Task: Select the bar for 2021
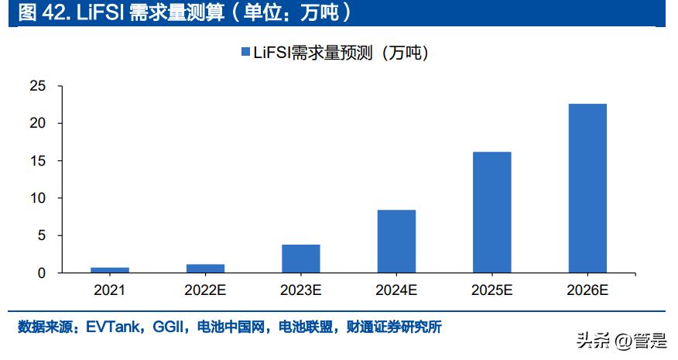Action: (x=110, y=269)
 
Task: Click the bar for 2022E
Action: (x=205, y=268)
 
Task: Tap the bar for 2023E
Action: (x=301, y=259)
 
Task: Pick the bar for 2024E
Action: (x=396, y=241)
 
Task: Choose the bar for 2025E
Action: (x=492, y=212)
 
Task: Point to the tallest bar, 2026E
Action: (x=587, y=188)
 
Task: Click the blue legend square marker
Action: (x=245, y=52)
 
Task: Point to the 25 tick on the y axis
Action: (x=37, y=86)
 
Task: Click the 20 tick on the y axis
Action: (x=37, y=123)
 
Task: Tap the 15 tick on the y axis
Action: (x=37, y=161)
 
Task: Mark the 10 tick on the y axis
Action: (x=37, y=198)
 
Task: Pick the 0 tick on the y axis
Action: (x=41, y=273)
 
